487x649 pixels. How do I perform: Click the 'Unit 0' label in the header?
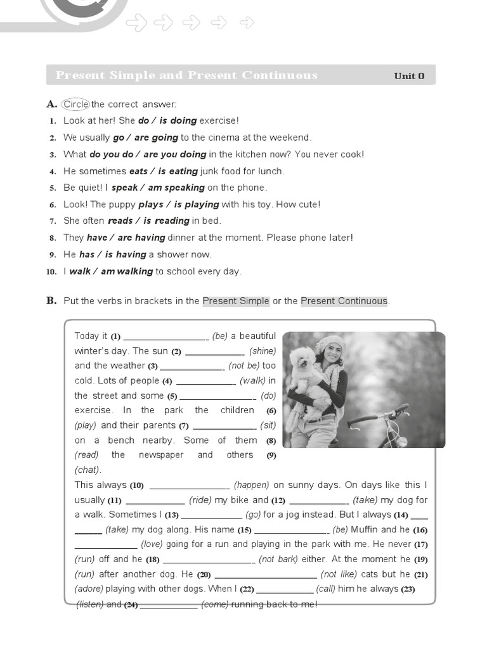click(409, 76)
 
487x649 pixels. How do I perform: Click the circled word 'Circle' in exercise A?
click(75, 104)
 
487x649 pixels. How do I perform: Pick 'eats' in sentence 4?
click(138, 171)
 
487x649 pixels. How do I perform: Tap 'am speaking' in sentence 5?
click(176, 188)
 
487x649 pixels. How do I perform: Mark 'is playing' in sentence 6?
click(197, 205)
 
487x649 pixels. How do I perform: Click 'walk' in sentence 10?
click(80, 271)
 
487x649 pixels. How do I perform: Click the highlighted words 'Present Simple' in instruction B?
click(236, 301)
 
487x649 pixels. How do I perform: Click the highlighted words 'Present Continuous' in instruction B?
click(344, 301)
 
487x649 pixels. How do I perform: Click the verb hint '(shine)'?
click(263, 351)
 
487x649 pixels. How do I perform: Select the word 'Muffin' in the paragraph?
click(364, 530)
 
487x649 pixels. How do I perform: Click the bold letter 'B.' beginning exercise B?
click(51, 301)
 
